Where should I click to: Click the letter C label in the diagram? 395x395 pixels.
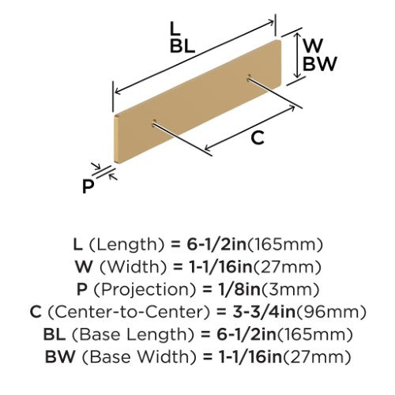coord(258,137)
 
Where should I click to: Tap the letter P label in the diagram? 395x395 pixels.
coord(88,186)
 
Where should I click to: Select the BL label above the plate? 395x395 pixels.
coord(182,47)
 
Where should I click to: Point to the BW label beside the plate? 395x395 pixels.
coord(320,64)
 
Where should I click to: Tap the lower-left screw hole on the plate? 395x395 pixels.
coord(154,122)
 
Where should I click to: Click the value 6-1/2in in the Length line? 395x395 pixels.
coord(216,244)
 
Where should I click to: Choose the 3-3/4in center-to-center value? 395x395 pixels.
coord(264,312)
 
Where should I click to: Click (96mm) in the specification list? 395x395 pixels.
coord(331,312)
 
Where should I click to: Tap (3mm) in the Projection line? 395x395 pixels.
coord(290,289)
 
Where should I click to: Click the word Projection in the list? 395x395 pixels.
coord(145,290)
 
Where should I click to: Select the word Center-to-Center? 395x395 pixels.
coord(130,312)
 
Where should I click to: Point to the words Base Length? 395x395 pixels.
coord(133,335)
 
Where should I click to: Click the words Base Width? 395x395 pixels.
coord(139,357)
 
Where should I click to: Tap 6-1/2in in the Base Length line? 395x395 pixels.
coord(246,334)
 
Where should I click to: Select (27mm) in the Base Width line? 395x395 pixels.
coord(317,357)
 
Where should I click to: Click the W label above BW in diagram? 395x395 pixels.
coord(313,45)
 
